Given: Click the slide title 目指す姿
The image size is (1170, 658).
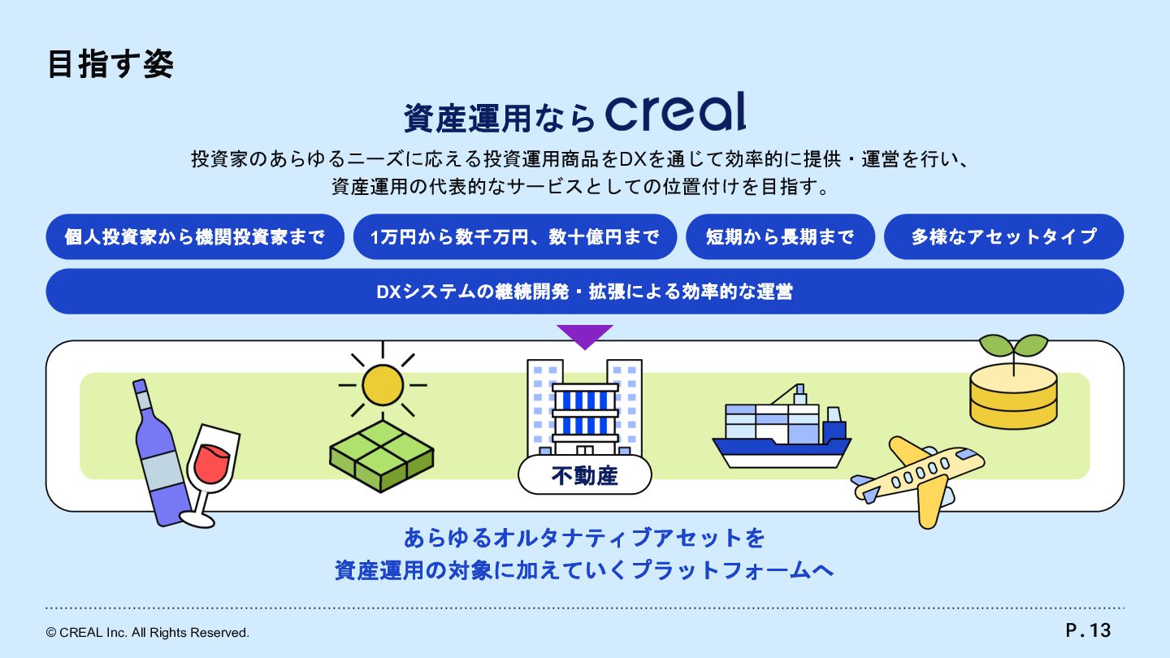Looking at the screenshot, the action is point(110,65).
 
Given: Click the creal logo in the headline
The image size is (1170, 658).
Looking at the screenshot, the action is point(675,112).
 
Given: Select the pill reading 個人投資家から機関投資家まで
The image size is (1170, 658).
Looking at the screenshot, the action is point(195,237).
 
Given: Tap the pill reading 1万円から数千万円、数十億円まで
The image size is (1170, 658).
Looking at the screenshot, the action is point(515,237).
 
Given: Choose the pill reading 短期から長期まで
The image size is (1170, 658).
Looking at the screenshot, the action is point(780,237).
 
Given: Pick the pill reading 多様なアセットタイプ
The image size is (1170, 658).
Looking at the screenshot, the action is point(1003,237).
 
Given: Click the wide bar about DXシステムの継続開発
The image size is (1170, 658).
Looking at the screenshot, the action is point(585,292).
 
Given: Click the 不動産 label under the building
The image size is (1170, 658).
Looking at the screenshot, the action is point(585,476).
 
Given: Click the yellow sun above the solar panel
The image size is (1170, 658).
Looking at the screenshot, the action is point(383,384).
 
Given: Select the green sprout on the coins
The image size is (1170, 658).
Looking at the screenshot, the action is point(1013,347).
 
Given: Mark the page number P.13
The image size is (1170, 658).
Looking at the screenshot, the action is point(1088,630).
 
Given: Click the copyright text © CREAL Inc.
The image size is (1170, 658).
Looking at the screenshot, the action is point(148,632).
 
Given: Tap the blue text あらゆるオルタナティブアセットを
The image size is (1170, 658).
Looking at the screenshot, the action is point(585,538).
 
